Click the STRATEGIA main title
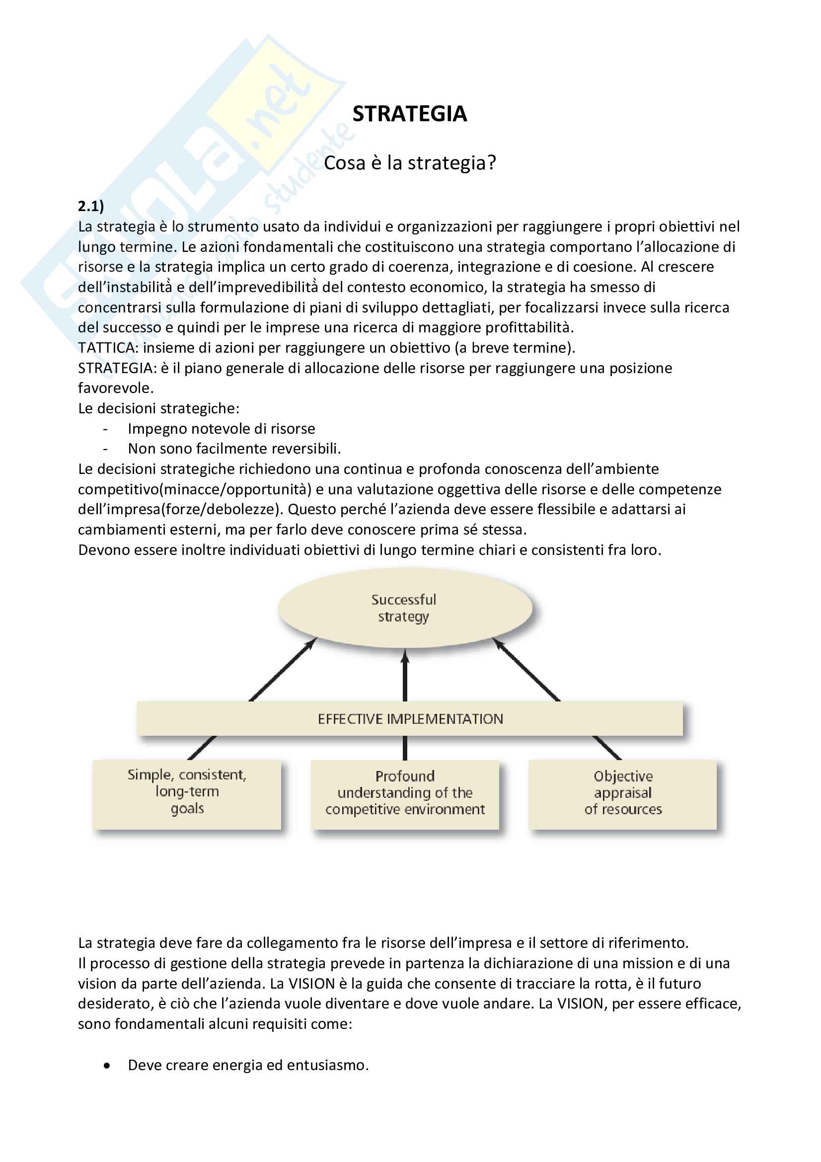tap(409, 114)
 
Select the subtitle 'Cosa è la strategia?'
tap(410, 163)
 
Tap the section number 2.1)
tap(91, 206)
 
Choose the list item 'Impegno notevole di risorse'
tap(221, 429)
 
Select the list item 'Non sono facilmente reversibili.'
tap(234, 449)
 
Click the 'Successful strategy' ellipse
tap(404, 608)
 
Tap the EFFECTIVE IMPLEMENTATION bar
tap(410, 719)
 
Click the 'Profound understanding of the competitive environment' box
tap(405, 793)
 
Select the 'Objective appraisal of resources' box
tap(623, 793)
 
